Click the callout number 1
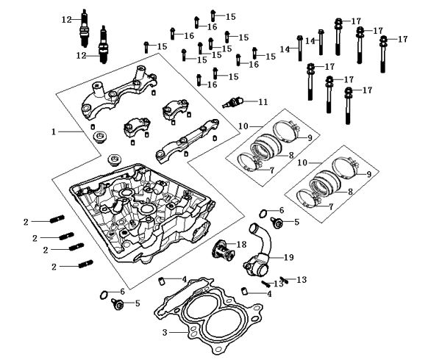tap(54, 132)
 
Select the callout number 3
tap(165, 333)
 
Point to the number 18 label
tap(241, 244)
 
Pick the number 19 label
tap(289, 257)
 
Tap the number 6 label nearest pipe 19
tap(279, 210)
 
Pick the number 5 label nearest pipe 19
tap(297, 221)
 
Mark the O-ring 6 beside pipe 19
tap(264, 214)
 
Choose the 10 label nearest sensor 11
tap(243, 127)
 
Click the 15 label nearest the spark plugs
tap(162, 46)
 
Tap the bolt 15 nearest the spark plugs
tap(146, 46)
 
